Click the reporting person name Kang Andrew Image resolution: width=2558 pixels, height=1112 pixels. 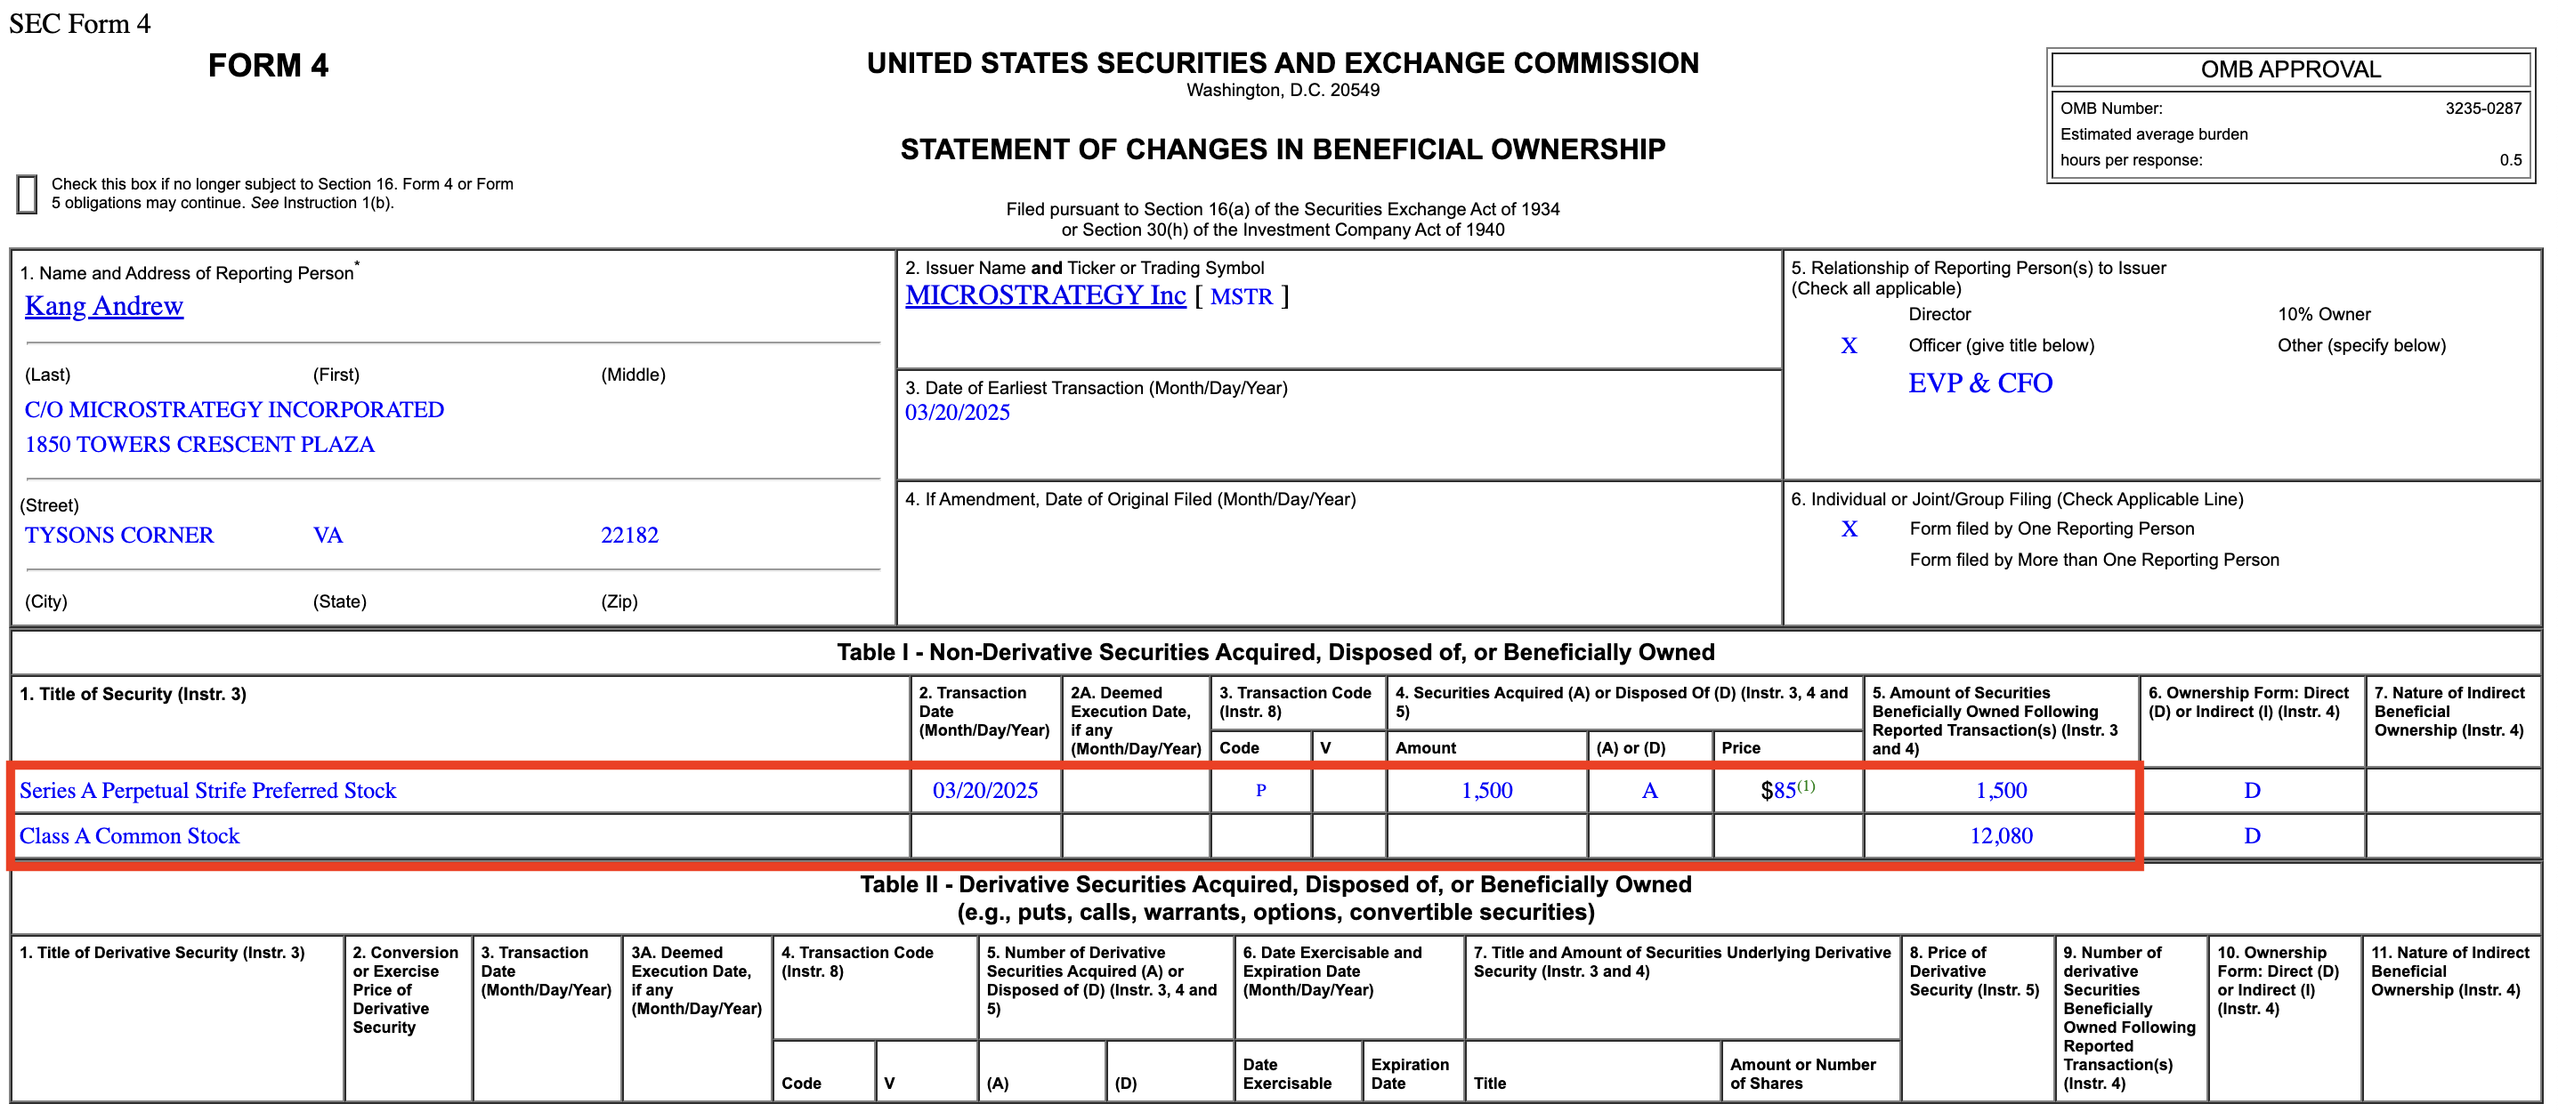point(103,306)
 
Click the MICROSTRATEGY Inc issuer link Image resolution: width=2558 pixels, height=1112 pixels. point(1045,296)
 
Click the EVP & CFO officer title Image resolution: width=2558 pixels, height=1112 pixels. point(1979,383)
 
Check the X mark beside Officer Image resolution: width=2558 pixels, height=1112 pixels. point(1848,345)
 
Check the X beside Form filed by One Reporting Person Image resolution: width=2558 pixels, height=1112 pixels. point(1848,529)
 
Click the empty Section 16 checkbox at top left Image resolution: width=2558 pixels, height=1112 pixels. point(27,194)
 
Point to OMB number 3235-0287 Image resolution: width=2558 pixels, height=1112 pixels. point(2482,109)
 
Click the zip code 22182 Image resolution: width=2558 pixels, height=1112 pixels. point(628,536)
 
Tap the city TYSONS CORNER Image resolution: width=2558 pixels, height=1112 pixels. point(118,536)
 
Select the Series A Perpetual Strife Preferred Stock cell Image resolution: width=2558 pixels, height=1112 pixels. point(207,790)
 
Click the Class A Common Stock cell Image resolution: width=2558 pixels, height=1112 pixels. point(129,836)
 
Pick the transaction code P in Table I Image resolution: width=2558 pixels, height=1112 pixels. point(1260,790)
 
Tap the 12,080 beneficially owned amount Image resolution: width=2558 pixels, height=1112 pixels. point(2000,836)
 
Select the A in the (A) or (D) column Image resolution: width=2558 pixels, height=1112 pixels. point(1648,790)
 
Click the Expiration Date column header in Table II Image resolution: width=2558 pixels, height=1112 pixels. point(1409,1073)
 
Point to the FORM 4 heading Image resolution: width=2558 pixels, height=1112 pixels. point(268,66)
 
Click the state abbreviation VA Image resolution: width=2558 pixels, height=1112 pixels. point(328,536)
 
